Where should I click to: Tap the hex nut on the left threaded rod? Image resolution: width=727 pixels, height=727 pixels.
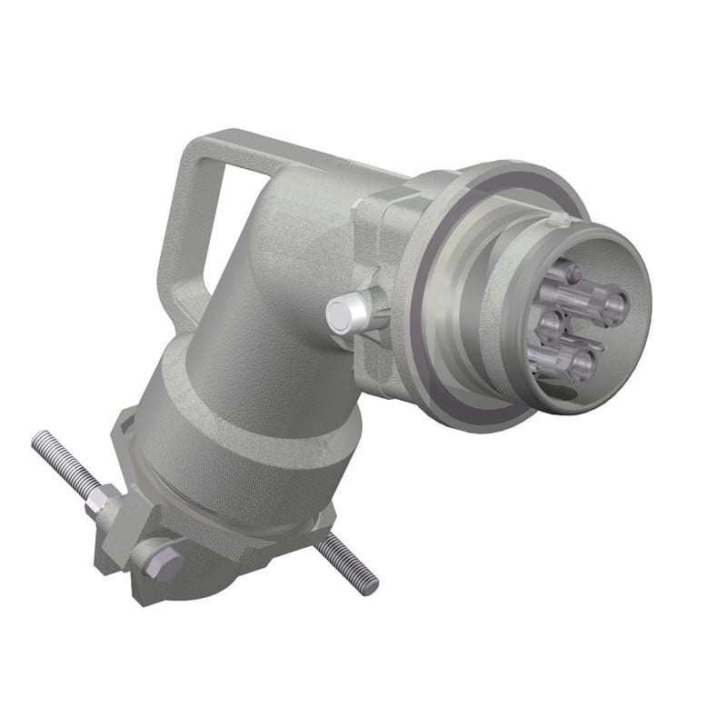tap(102, 500)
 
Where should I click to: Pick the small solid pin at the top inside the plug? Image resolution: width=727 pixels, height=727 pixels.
tap(571, 273)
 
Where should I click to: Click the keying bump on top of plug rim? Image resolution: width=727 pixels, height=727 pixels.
tap(556, 221)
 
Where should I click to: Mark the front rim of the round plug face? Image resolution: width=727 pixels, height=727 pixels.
tap(636, 264)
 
